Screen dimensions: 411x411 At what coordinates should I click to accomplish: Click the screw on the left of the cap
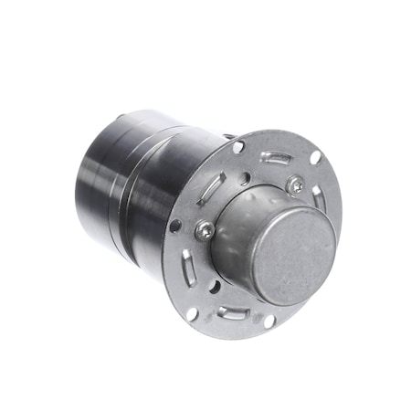pos(205,232)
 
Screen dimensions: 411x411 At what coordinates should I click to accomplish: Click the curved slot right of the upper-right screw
pos(318,196)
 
